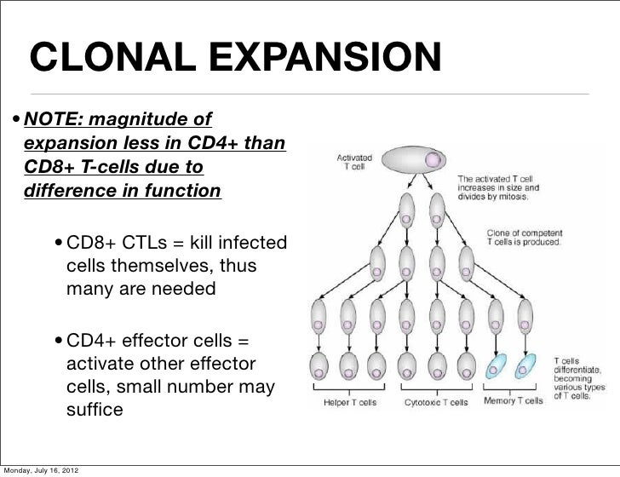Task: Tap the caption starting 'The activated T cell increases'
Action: pyautogui.click(x=498, y=187)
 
